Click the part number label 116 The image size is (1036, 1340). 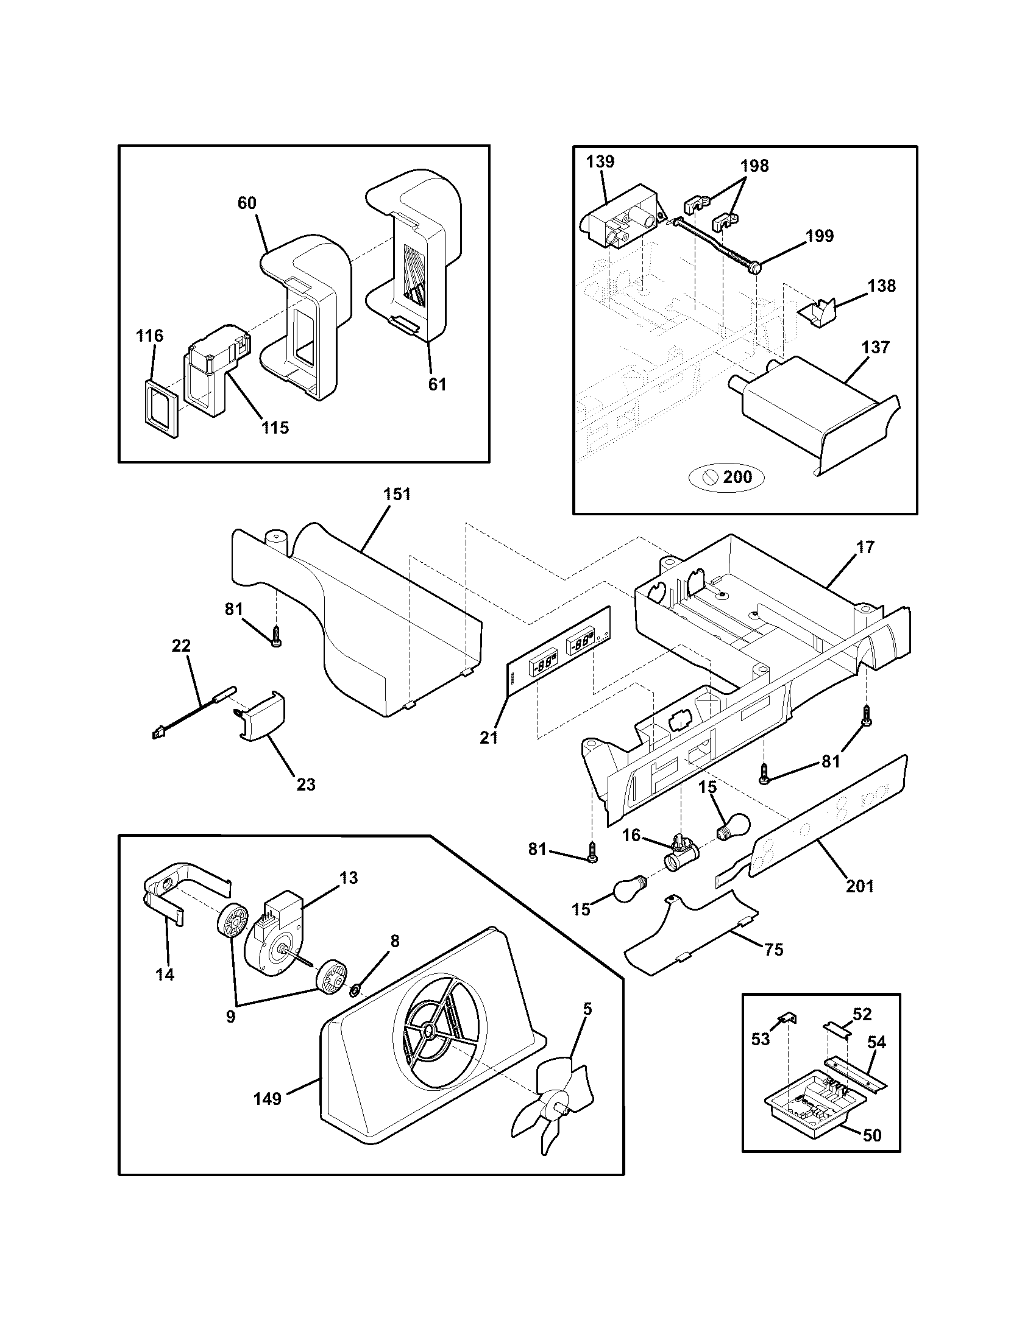coord(150,336)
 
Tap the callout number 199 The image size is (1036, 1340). coord(820,236)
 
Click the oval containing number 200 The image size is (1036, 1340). coord(728,477)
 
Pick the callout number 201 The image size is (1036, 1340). coord(859,886)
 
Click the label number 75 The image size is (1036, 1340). coord(774,950)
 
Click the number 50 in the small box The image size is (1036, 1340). coord(871,1136)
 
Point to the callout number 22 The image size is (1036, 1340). coord(181,646)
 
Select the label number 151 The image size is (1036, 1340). coord(397,494)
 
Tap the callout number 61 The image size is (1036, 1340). coord(436,385)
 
